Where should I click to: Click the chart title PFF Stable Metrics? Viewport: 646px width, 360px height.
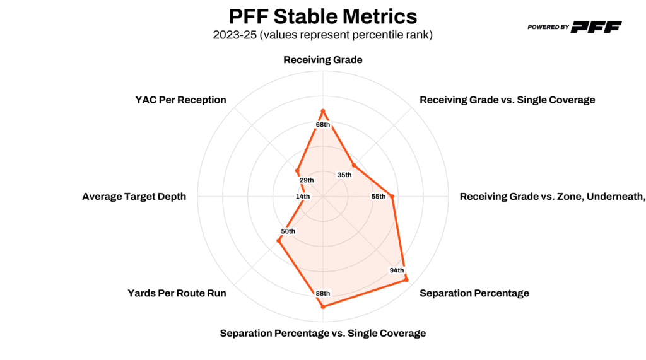[322, 16]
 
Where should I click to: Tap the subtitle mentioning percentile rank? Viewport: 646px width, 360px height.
[322, 35]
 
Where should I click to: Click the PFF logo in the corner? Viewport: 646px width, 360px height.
[597, 26]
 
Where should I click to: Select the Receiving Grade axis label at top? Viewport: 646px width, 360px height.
[322, 61]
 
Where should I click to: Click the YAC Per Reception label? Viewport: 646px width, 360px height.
[180, 100]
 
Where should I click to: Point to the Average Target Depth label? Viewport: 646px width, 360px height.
[134, 197]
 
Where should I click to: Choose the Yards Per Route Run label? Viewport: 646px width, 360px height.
[177, 293]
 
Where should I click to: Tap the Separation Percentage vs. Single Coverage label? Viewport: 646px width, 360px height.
[322, 333]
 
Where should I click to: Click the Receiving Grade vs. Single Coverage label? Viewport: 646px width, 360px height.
[507, 100]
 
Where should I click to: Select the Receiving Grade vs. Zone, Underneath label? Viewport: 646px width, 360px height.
[552, 197]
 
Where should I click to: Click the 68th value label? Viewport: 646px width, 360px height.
[323, 124]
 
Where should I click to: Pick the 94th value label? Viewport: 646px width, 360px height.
[397, 270]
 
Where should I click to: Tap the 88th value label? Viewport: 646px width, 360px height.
[323, 293]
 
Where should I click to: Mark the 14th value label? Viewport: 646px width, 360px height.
[303, 197]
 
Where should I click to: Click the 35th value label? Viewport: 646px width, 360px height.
[344, 175]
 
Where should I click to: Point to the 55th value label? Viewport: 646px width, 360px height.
[378, 197]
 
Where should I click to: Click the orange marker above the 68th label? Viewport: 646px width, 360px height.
[323, 112]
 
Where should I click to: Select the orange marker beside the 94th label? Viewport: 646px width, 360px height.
[406, 279]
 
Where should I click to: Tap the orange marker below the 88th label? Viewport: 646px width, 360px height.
[323, 306]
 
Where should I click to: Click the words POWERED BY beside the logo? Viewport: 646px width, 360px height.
[548, 27]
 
